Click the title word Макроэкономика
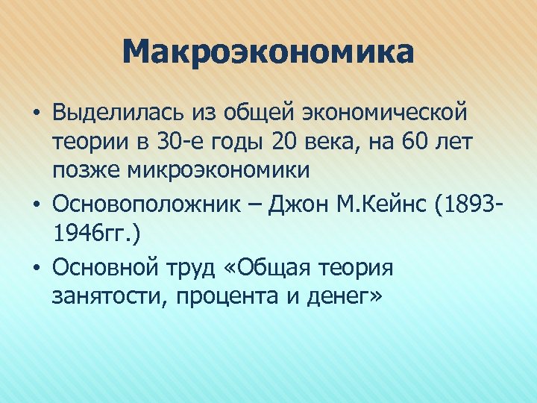268,53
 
